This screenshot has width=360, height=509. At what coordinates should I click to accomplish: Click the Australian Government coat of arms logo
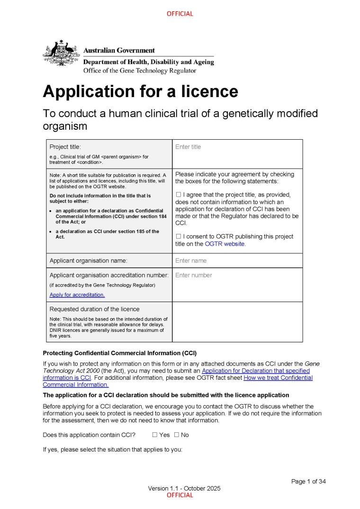tap(61, 53)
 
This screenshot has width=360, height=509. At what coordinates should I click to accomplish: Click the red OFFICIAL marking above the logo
tap(180, 14)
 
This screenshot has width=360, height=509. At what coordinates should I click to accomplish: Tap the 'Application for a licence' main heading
tap(140, 91)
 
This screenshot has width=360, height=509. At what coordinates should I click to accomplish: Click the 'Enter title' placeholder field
tap(188, 147)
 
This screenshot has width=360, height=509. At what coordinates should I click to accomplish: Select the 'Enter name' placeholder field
tap(191, 260)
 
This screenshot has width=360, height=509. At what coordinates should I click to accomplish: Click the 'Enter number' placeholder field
tap(193, 275)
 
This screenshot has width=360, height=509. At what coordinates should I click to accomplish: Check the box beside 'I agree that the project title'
tap(179, 195)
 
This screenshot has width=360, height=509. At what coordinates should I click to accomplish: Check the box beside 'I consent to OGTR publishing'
tap(179, 236)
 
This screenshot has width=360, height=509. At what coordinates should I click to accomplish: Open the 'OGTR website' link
tap(225, 244)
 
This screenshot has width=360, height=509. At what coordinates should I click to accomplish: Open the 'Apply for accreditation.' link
tap(77, 295)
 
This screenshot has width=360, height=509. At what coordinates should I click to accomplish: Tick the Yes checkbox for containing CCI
tap(155, 435)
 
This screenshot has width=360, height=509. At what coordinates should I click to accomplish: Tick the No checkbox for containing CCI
tap(177, 435)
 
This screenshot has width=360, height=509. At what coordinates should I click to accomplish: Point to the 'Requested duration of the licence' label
tap(95, 309)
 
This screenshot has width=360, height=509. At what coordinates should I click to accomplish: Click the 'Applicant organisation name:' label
tap(89, 260)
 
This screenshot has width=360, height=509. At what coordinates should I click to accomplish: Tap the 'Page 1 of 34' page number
tap(308, 482)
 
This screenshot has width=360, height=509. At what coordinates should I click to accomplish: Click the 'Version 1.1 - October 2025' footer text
tap(184, 488)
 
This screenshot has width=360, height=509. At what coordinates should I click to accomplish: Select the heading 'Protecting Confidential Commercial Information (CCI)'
tap(119, 353)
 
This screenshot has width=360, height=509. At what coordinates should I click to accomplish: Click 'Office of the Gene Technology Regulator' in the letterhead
tap(140, 71)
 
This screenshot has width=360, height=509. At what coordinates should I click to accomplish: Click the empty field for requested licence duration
tap(237, 322)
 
